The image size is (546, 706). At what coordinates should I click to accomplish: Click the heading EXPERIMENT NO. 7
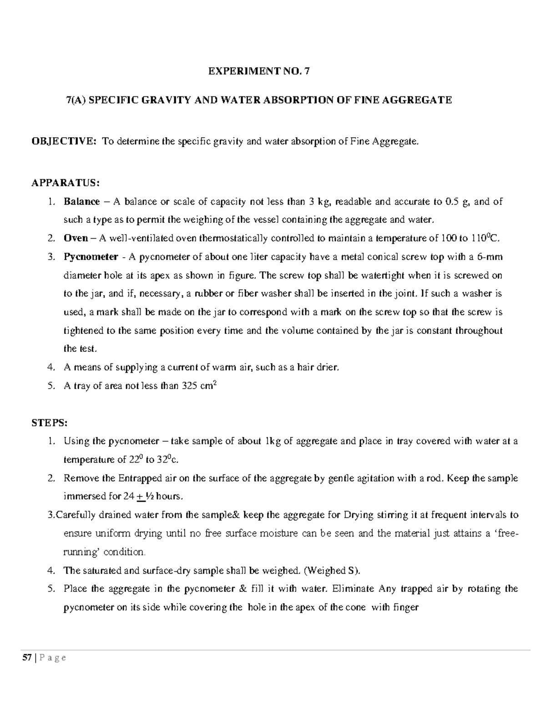pyautogui.click(x=258, y=71)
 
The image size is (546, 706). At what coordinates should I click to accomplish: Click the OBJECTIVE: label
pyautogui.click(x=63, y=141)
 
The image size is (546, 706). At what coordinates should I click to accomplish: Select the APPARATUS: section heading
pyautogui.click(x=65, y=183)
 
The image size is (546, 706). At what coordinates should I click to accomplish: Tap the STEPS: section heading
pyautogui.click(x=49, y=423)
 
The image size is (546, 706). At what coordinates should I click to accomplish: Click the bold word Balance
pyautogui.click(x=81, y=201)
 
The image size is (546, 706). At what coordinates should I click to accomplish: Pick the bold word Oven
pyautogui.click(x=76, y=238)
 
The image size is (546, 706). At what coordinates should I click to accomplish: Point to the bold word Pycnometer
pyautogui.click(x=91, y=257)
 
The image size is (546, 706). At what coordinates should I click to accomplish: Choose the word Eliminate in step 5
pyautogui.click(x=354, y=589)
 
